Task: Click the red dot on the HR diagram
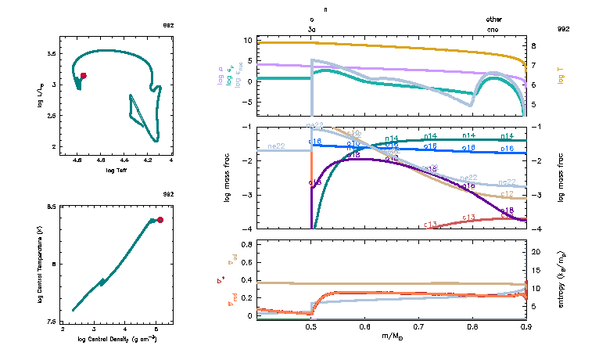pos(84,76)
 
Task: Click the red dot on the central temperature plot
pos(160,220)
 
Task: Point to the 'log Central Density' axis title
pos(117,339)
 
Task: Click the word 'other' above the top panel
pos(493,19)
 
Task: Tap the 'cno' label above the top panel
pos(492,29)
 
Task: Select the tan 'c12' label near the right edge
pos(507,193)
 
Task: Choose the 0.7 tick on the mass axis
pos(418,326)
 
